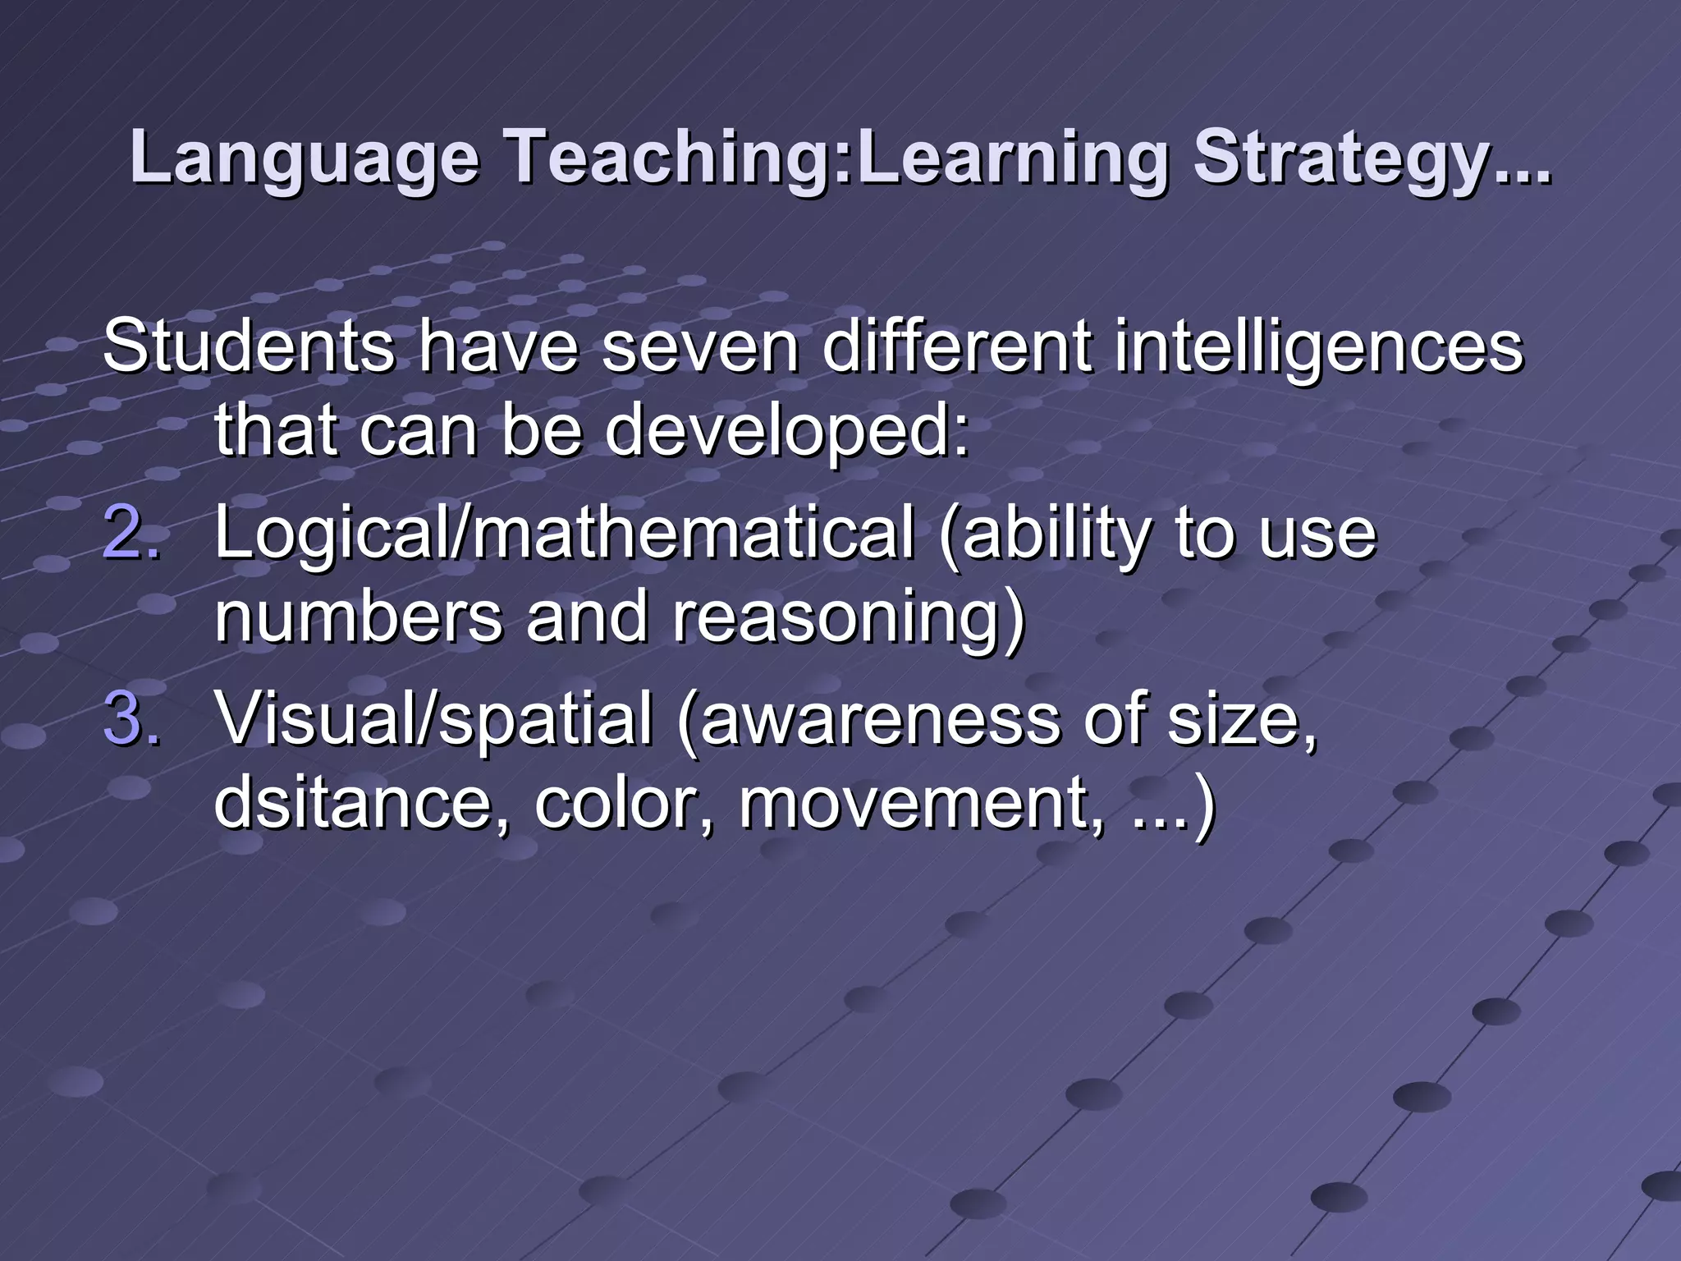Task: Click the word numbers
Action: point(357,617)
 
